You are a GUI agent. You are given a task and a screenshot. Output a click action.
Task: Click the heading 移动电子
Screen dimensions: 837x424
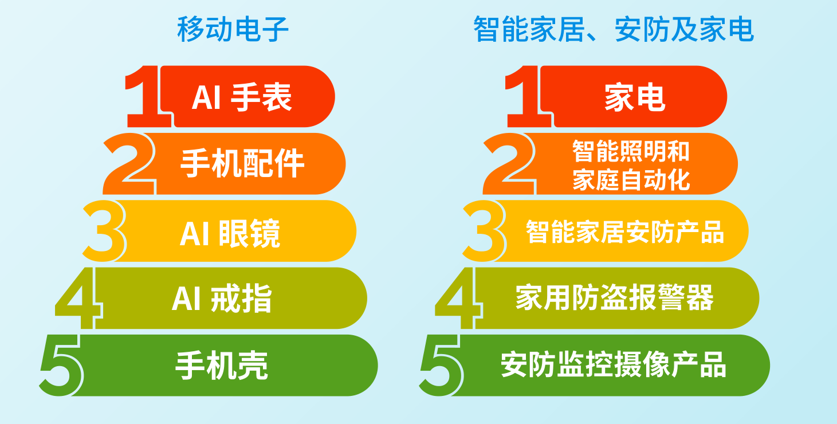pyautogui.click(x=233, y=29)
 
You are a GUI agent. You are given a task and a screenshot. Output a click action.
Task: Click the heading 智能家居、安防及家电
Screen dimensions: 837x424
pyautogui.click(x=614, y=29)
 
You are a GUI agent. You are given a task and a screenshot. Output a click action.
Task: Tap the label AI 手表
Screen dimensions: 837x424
pyautogui.click(x=241, y=97)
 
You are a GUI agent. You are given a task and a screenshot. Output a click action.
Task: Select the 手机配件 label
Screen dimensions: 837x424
pyautogui.click(x=242, y=163)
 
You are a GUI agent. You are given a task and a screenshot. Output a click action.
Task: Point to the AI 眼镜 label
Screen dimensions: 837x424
pyautogui.click(x=230, y=233)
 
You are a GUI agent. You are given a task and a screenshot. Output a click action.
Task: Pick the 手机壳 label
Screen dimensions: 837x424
pyautogui.click(x=222, y=366)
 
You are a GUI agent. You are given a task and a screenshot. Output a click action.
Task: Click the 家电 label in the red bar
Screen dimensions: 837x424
pyautogui.click(x=635, y=97)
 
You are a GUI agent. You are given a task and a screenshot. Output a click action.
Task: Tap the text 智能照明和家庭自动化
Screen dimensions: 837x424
pyautogui.click(x=631, y=165)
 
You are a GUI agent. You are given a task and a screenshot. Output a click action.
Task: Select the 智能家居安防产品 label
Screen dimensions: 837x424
pyautogui.click(x=625, y=232)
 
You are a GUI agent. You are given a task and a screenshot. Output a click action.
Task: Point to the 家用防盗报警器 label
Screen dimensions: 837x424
pyautogui.click(x=614, y=298)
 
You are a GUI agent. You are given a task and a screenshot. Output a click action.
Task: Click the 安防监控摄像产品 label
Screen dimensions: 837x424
pyautogui.click(x=613, y=364)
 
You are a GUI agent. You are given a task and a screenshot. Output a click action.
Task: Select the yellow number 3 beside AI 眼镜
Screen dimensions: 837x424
pyautogui.click(x=104, y=231)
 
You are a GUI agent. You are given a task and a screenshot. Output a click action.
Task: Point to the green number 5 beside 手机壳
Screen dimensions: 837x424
pyautogui.click(x=61, y=366)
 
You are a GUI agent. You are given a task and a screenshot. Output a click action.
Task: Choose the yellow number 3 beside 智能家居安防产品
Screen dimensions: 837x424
pyautogui.click(x=484, y=231)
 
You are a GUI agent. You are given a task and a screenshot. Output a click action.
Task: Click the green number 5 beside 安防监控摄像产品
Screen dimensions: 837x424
pyautogui.click(x=441, y=366)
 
